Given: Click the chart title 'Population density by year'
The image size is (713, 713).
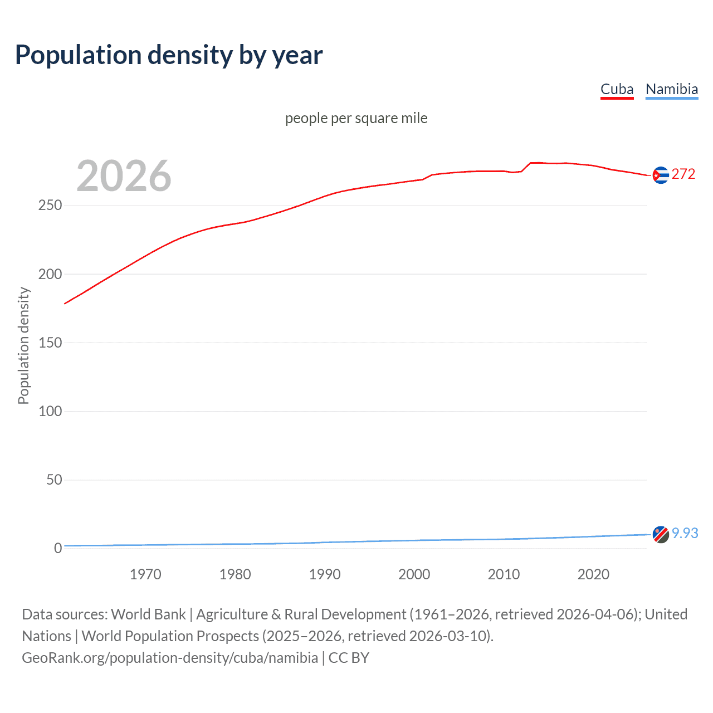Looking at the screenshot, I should click(169, 55).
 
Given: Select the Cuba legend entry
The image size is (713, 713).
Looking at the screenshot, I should click(617, 89).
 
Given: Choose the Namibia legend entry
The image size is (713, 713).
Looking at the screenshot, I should click(671, 89).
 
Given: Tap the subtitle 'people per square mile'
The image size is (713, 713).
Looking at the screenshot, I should click(356, 118).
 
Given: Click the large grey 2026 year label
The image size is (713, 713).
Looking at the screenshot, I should click(124, 176).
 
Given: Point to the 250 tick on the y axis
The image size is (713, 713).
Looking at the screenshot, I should click(50, 206).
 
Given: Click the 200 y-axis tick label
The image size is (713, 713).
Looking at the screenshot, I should click(50, 274).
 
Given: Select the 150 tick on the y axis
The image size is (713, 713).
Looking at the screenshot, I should click(50, 343).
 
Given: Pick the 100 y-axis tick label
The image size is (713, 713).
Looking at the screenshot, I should click(50, 411).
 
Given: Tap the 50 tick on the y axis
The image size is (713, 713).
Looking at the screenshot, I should click(54, 480).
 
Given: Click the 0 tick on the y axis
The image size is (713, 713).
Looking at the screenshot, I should click(58, 548).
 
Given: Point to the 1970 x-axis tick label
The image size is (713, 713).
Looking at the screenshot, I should click(145, 574).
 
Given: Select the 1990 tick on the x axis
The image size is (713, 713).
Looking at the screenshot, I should click(325, 574).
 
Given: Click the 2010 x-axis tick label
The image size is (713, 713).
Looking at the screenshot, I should click(504, 574).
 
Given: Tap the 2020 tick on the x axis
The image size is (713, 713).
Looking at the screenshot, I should click(593, 574).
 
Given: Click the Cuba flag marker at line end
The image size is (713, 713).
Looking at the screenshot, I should click(660, 175).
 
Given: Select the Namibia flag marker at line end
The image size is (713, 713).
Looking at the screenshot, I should click(660, 534).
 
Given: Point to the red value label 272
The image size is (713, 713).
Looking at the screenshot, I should click(683, 174).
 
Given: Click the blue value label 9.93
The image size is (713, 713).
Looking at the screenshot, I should click(685, 533).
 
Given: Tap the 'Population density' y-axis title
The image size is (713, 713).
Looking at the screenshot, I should click(23, 345).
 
